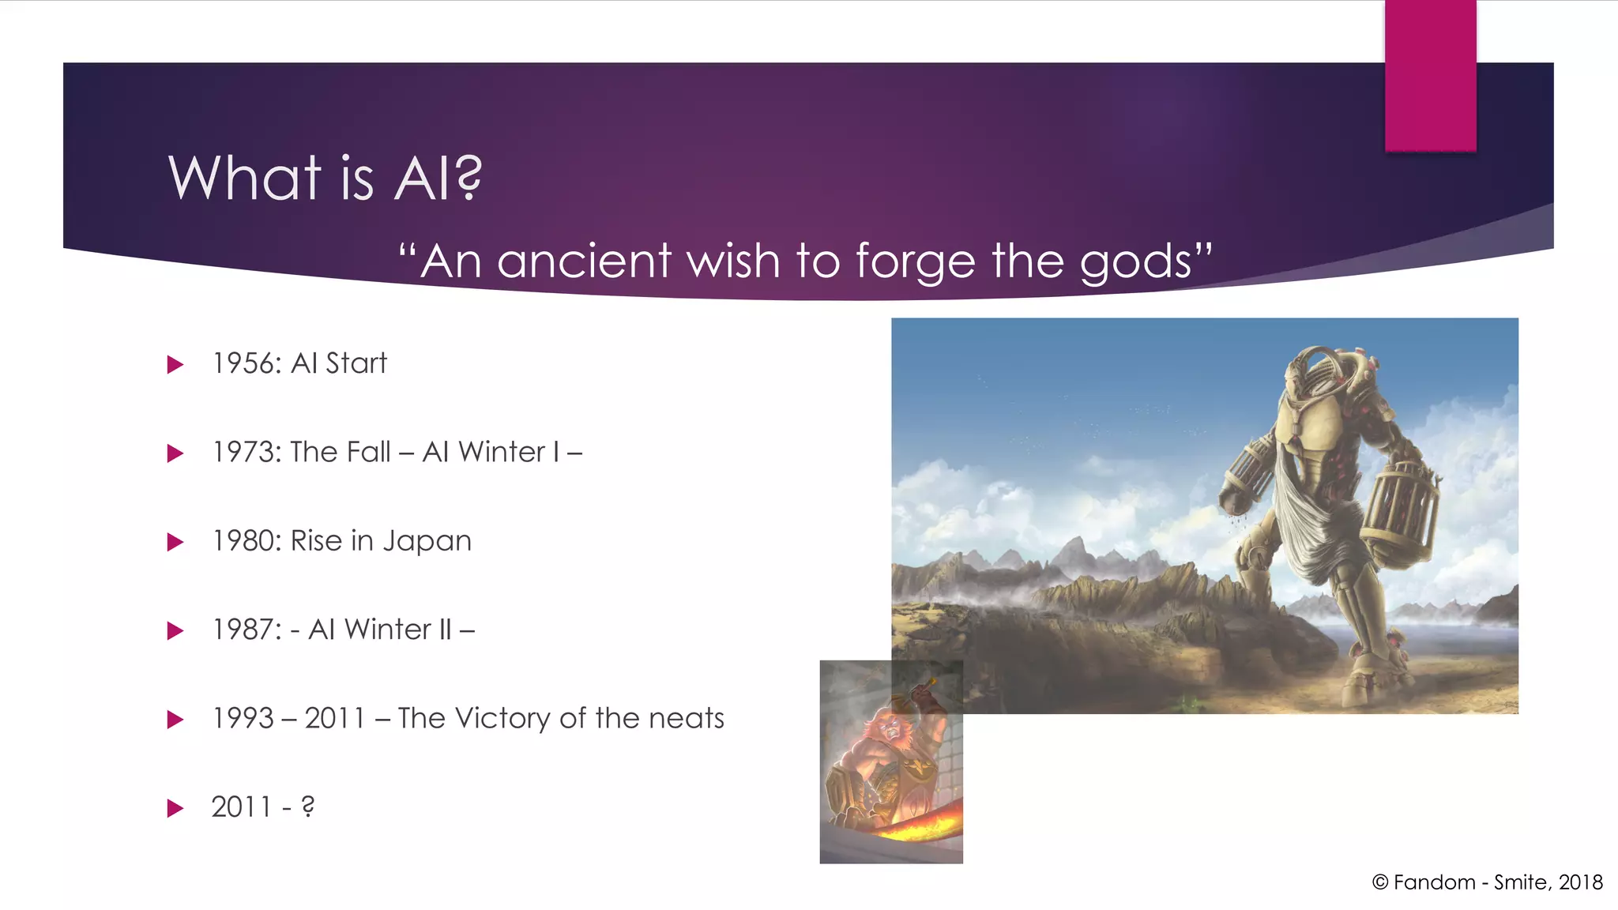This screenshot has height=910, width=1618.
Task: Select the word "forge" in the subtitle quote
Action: pyautogui.click(x=916, y=261)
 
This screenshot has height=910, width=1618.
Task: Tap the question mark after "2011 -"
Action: pyautogui.click(x=308, y=807)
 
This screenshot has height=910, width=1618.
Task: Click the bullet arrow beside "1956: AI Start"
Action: pyautogui.click(x=175, y=364)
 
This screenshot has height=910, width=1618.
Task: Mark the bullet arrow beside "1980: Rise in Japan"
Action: pyautogui.click(x=175, y=542)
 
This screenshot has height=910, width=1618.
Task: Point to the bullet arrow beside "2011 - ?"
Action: pyautogui.click(x=175, y=808)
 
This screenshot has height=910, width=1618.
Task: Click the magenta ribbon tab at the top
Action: pyautogui.click(x=1430, y=75)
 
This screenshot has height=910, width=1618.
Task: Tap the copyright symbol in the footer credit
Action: pyautogui.click(x=1380, y=882)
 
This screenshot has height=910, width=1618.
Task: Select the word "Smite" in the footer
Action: pyautogui.click(x=1521, y=882)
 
